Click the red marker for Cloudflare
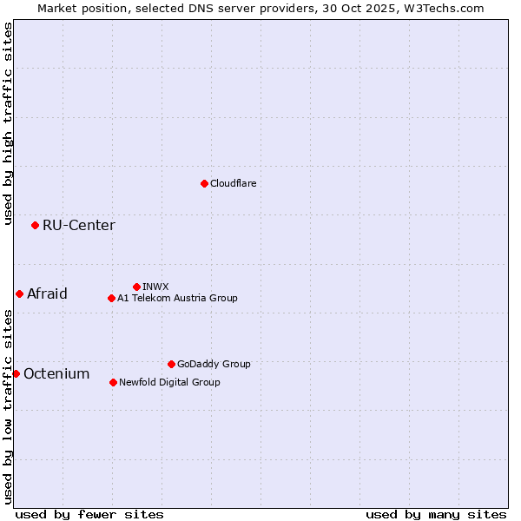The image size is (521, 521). (204, 183)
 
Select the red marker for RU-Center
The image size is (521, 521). (35, 225)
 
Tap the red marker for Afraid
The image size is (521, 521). (19, 293)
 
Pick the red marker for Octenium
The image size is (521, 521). (16, 373)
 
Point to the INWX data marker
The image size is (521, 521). (136, 287)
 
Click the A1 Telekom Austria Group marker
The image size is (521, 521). (111, 298)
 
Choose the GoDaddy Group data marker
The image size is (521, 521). (171, 364)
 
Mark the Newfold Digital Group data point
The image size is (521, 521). (113, 382)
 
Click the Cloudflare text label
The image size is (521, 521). (233, 183)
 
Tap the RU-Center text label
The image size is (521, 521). (78, 226)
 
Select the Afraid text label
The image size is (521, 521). (47, 293)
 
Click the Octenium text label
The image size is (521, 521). (56, 374)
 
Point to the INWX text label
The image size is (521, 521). (155, 287)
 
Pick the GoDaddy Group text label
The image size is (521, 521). (213, 364)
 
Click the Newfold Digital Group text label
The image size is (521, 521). (169, 382)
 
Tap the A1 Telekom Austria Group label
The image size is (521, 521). (177, 298)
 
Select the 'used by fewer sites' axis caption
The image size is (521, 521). (89, 514)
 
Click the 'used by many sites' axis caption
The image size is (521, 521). (436, 514)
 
